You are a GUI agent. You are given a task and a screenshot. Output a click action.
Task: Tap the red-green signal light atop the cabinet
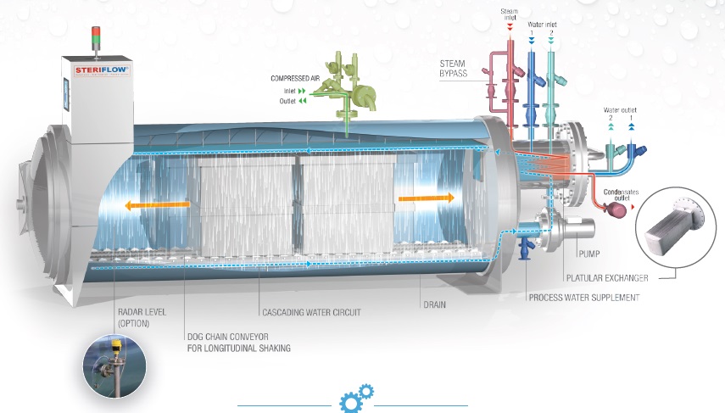(x=96, y=36)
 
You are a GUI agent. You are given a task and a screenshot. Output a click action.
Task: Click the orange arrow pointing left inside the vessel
(x=157, y=205)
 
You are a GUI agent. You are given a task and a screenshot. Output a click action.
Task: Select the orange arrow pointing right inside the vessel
(x=427, y=198)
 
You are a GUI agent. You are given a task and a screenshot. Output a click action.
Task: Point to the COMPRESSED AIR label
(x=295, y=79)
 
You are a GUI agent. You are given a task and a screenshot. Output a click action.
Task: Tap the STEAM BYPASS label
(x=453, y=69)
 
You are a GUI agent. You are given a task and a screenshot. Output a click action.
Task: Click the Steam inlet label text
(x=510, y=14)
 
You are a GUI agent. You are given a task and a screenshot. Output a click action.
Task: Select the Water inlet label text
(x=542, y=25)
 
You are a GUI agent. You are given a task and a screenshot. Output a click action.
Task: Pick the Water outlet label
(x=620, y=110)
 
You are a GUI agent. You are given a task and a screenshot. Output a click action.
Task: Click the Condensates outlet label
(x=621, y=195)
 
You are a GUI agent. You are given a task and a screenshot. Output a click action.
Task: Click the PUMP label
(x=589, y=254)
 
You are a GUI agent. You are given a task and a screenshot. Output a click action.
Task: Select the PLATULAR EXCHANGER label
(x=607, y=278)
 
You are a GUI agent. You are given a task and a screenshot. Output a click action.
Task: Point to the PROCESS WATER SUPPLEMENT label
(x=584, y=298)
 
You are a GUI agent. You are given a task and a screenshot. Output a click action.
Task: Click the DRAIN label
(x=435, y=304)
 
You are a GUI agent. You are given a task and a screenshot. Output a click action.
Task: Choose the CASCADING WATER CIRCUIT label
(x=311, y=313)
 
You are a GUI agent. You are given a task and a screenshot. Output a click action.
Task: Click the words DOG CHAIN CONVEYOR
(x=227, y=337)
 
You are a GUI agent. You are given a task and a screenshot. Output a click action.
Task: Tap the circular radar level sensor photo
(x=114, y=366)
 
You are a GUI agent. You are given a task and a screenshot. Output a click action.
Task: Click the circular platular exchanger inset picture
(x=669, y=227)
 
